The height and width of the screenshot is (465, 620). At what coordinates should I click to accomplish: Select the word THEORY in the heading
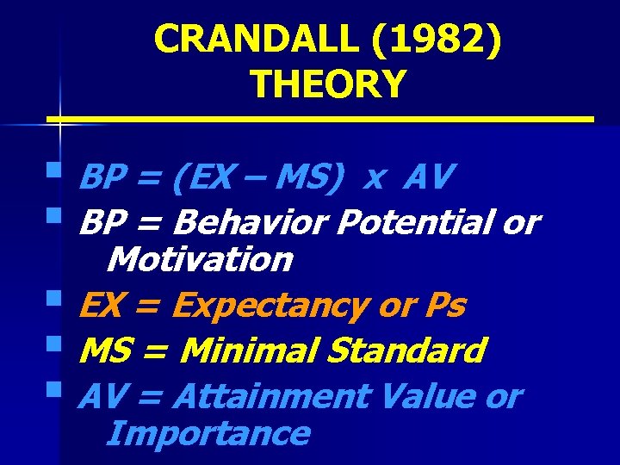click(x=327, y=84)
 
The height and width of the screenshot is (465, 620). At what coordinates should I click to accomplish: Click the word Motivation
click(x=202, y=258)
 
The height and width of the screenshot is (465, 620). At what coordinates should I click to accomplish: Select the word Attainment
click(x=270, y=396)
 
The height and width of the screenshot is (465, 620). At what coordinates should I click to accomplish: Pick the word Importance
click(x=207, y=432)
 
